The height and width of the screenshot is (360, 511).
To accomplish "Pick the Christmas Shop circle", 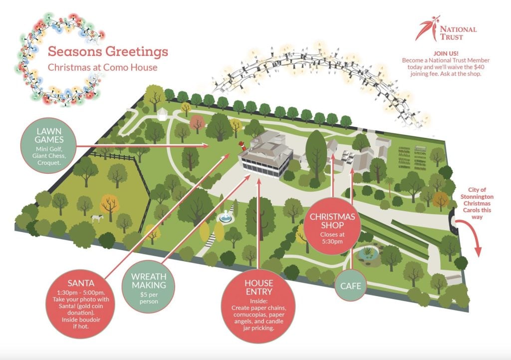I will pyautogui.click(x=332, y=227).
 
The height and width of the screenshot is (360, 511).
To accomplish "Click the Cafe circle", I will pyautogui.click(x=350, y=286).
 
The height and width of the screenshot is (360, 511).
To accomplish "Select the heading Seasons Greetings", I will pyautogui.click(x=108, y=52).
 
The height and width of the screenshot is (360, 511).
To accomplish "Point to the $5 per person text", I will pyautogui.click(x=148, y=298).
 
